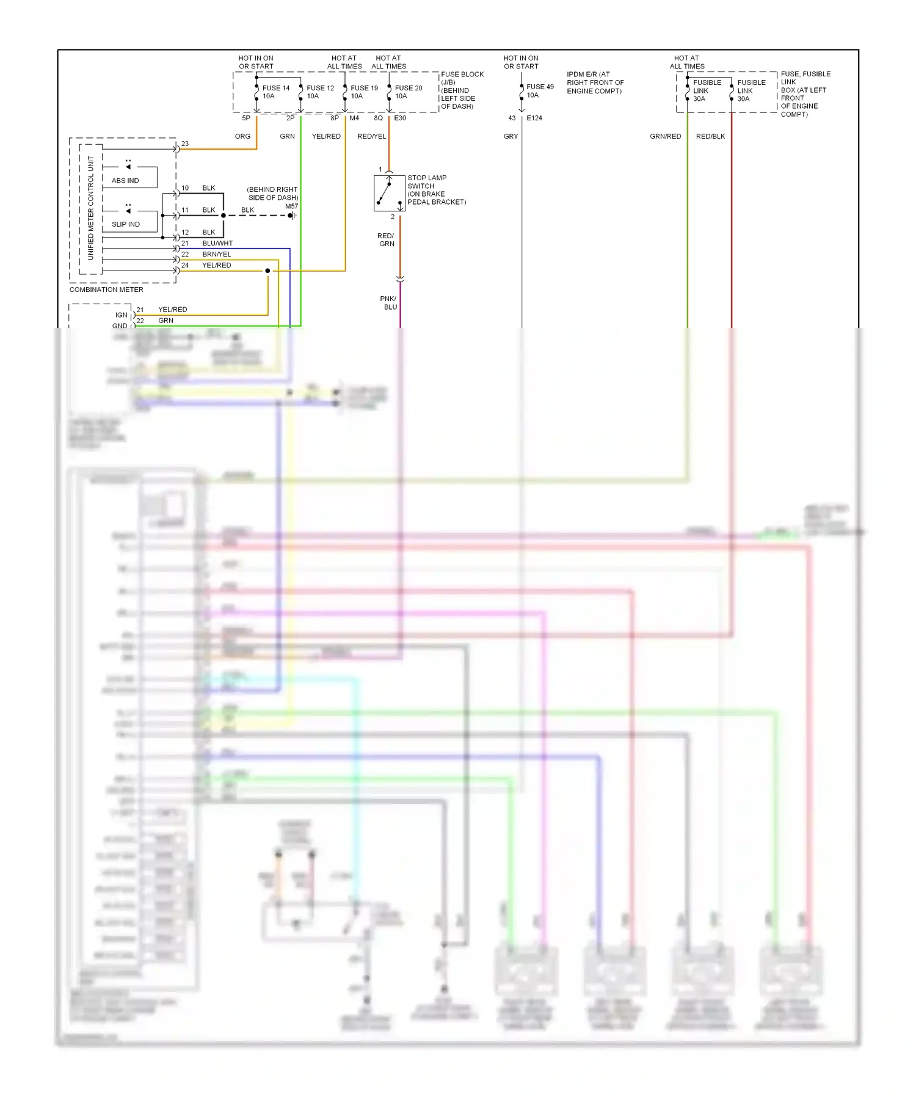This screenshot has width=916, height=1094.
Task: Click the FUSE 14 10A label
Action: tap(275, 92)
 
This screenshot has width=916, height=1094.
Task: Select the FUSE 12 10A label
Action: tap(320, 92)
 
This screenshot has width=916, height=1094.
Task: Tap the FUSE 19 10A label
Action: tap(364, 92)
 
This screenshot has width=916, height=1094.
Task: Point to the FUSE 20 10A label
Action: tap(408, 92)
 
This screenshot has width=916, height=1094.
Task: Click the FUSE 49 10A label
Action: tap(540, 91)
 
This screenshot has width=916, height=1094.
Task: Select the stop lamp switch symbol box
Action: tap(390, 193)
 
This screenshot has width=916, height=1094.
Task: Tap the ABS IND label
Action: tap(125, 181)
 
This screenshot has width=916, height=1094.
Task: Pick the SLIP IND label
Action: tap(126, 225)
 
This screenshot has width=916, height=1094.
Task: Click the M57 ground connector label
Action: tap(291, 206)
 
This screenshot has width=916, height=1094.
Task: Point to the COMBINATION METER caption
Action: tap(106, 290)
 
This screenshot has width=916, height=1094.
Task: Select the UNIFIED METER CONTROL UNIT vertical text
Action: tap(91, 208)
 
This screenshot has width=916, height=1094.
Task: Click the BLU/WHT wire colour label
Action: tap(217, 243)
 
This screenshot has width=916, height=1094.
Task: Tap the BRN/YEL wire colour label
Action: tap(217, 254)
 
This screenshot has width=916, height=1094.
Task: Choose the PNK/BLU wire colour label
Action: tap(389, 303)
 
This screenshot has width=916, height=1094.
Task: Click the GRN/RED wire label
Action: tap(665, 136)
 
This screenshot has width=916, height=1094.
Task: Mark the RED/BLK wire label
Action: tap(710, 136)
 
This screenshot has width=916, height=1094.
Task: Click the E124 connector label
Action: tap(534, 118)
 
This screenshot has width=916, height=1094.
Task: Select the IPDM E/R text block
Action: tap(595, 83)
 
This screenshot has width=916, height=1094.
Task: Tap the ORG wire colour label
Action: tap(242, 136)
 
